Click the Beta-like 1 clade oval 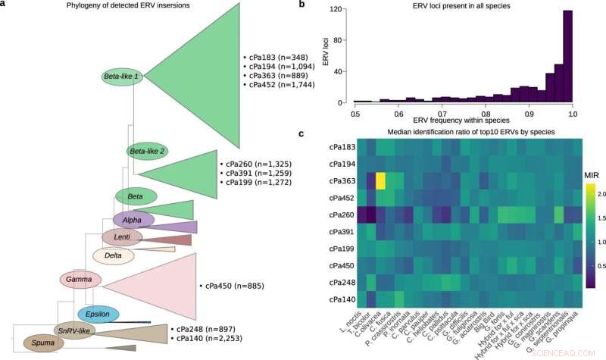[122, 77]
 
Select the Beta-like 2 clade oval [147, 152]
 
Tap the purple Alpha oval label [133, 220]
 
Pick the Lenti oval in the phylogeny [117, 238]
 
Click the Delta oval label [114, 256]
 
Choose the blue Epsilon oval [98, 314]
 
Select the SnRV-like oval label [74, 330]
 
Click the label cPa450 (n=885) [238, 287]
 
